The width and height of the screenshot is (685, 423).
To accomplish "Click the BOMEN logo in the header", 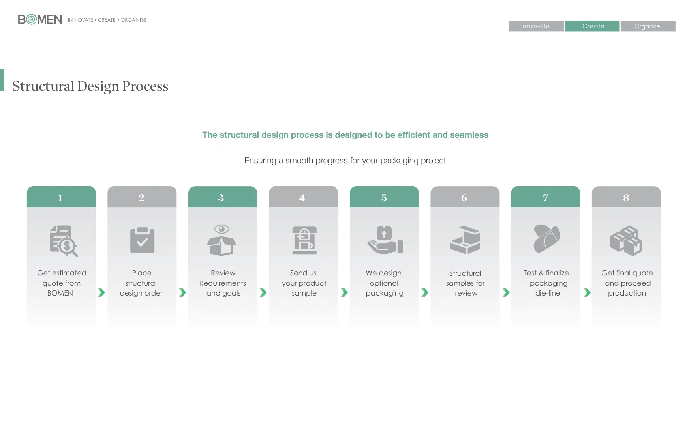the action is coord(40,19).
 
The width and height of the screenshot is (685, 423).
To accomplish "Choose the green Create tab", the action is coord(592,26).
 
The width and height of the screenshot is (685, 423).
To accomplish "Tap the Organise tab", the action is coord(648,26).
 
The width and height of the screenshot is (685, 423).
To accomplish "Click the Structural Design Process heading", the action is coord(90,86).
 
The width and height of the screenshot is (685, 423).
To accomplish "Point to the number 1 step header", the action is coord(61,197).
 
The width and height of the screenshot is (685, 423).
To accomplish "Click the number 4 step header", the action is coord(303,197).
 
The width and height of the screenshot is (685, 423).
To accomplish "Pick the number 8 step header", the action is coord(626,197).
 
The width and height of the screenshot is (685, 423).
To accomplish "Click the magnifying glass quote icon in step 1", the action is coord(64,241).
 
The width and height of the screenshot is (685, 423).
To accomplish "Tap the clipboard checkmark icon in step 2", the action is coord(142,240).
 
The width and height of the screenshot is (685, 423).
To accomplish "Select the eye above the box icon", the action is coord(221,229).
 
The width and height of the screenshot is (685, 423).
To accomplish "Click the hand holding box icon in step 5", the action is coord(385,240).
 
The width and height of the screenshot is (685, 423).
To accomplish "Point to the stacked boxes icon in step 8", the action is coord(626,240).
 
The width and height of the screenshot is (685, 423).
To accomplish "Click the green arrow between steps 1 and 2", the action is coord(101,292).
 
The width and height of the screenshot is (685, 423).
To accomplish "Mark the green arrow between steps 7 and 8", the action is coord(587,292).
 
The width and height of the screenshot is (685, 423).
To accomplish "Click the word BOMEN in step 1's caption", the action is coord(60,293).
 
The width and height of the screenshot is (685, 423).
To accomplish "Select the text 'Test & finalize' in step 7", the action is coord(546,273).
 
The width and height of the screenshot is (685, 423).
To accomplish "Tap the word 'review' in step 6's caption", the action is coord(466,293).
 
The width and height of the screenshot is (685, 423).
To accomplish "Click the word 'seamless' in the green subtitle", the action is coord(469,135).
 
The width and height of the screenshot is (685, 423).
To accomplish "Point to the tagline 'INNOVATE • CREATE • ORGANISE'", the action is coord(107,20).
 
